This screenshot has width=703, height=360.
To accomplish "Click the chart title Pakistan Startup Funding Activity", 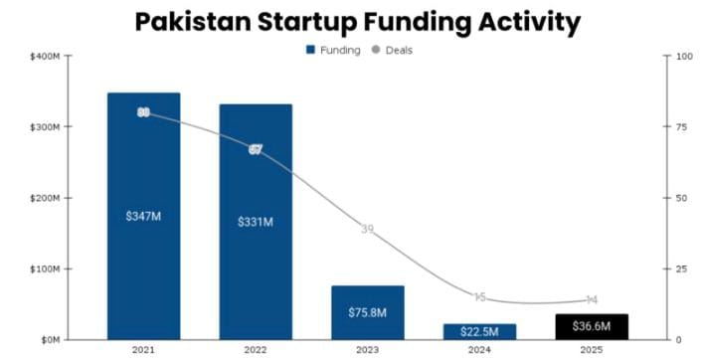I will pos(357,22).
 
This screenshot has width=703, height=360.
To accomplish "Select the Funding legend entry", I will pos(333,50).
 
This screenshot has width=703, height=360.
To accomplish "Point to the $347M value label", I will pos(143,216).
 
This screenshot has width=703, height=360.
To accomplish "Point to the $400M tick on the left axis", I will pos(44,57).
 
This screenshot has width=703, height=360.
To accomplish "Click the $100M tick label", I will pos(44,270).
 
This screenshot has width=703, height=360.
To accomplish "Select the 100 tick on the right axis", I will pos(683,57).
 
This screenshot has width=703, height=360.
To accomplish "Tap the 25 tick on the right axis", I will pos(681,270).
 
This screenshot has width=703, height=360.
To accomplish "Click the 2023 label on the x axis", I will pos(367,350).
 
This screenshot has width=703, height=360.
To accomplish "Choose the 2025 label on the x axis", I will pos(591,350).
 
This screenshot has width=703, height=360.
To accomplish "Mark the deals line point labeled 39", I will pos(367,230).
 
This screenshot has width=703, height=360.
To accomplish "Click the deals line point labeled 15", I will pos(479,297).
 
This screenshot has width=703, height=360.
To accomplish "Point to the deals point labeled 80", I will pos(143,112).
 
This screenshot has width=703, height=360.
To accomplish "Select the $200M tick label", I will pos(44,199).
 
